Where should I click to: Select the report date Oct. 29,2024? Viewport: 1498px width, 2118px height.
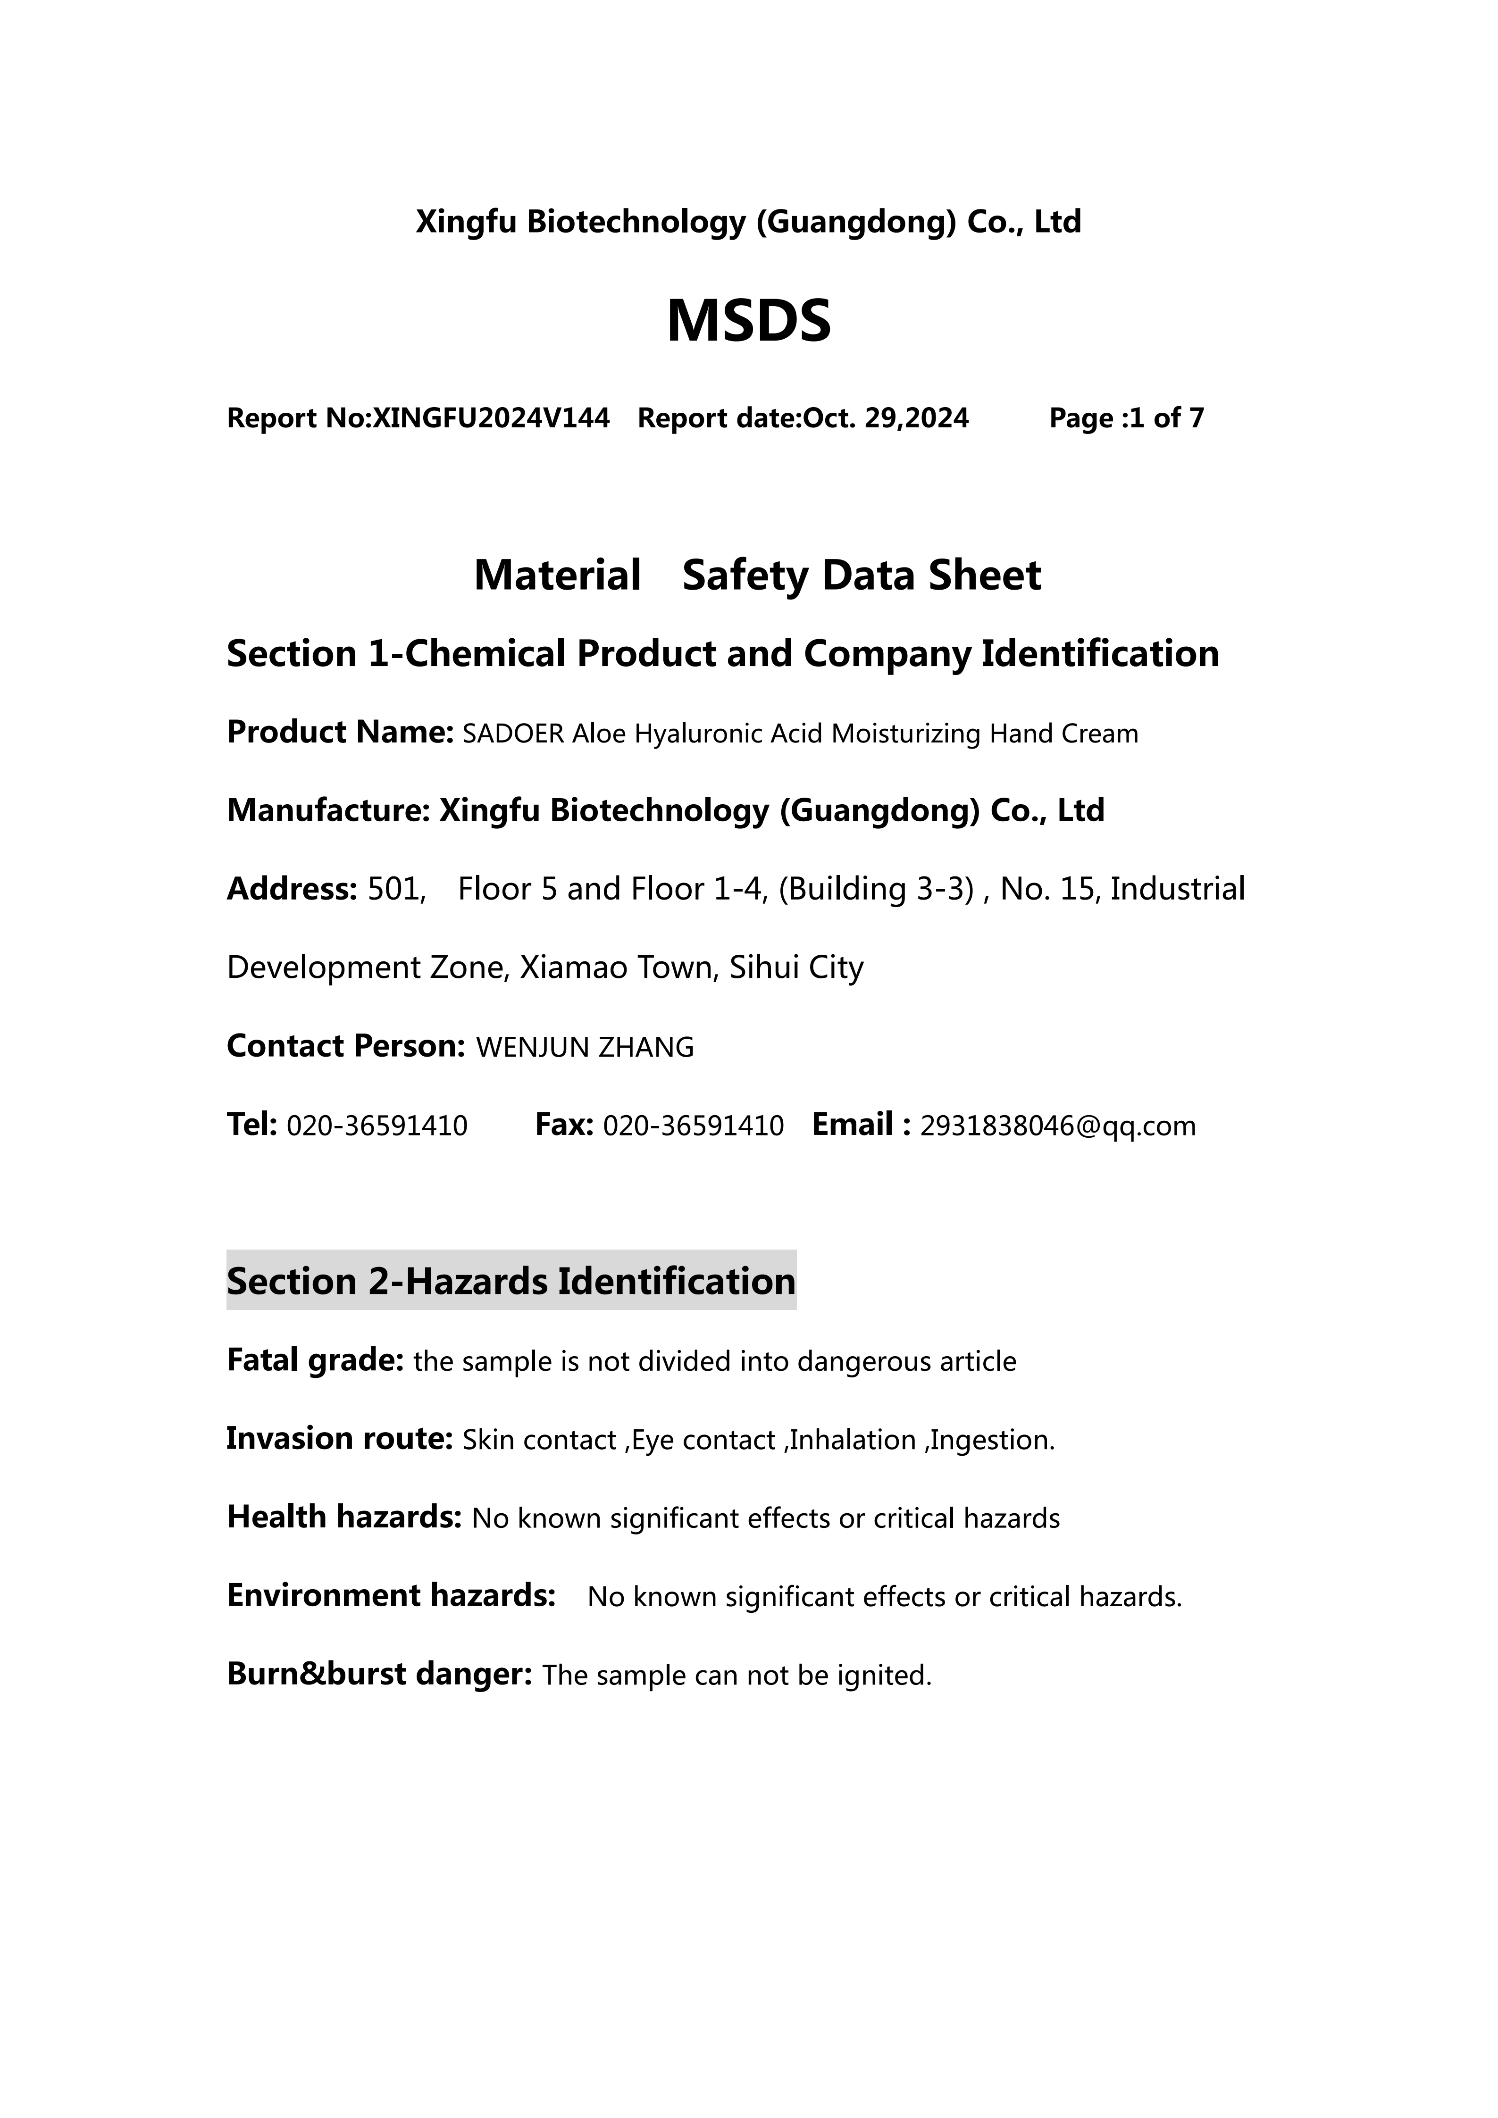click(886, 419)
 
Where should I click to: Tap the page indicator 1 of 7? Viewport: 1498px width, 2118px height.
click(1166, 419)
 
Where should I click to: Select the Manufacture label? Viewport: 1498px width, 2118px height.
click(327, 811)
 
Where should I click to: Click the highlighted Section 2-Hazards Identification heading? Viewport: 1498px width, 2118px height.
click(511, 1281)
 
